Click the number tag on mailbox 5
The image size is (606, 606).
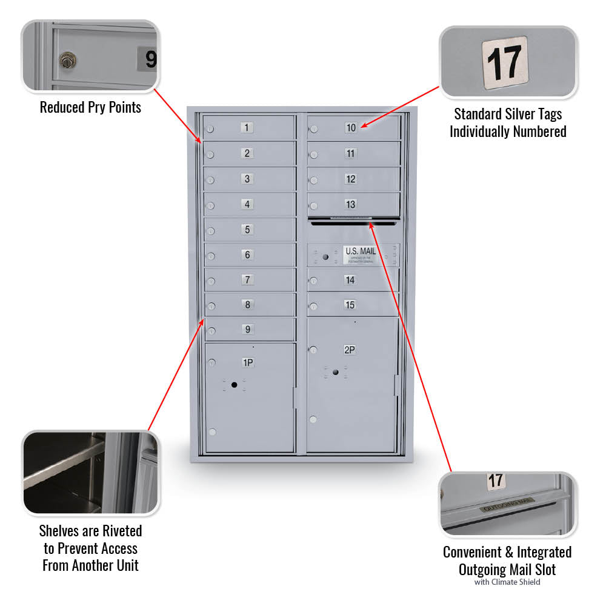click(x=247, y=230)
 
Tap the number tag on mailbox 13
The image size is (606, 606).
click(x=351, y=204)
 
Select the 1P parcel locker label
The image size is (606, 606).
click(x=248, y=362)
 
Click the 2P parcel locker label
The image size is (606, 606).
click(x=350, y=350)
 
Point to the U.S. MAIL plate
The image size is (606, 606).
click(x=361, y=255)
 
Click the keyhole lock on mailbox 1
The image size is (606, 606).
click(x=210, y=129)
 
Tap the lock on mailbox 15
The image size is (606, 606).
click(x=313, y=306)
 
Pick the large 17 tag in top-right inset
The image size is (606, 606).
click(x=505, y=63)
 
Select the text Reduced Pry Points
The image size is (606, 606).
click(x=90, y=108)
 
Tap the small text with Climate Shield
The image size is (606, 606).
click(x=507, y=582)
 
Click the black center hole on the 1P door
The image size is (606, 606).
click(x=234, y=385)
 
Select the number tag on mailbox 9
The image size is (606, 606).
click(x=247, y=330)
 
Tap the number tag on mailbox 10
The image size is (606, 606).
click(x=351, y=127)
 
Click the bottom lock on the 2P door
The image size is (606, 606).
click(x=313, y=419)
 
